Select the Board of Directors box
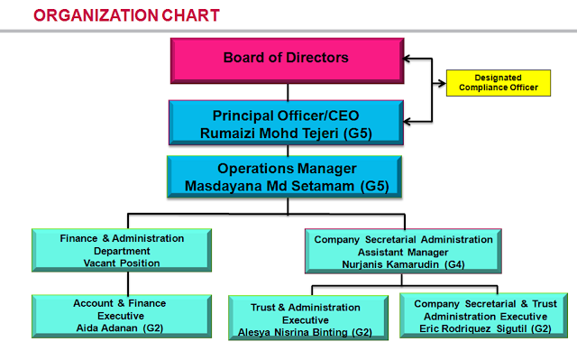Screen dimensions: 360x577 pos(288,60)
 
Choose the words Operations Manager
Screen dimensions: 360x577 pos(288,169)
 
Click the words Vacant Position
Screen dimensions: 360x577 pos(122,263)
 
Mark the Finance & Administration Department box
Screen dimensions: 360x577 pos(122,251)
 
